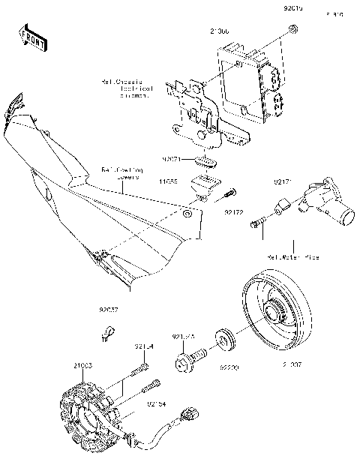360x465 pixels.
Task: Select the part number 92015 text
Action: [294, 9]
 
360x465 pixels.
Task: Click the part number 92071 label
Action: [172, 160]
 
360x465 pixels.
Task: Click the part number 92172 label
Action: [234, 212]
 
